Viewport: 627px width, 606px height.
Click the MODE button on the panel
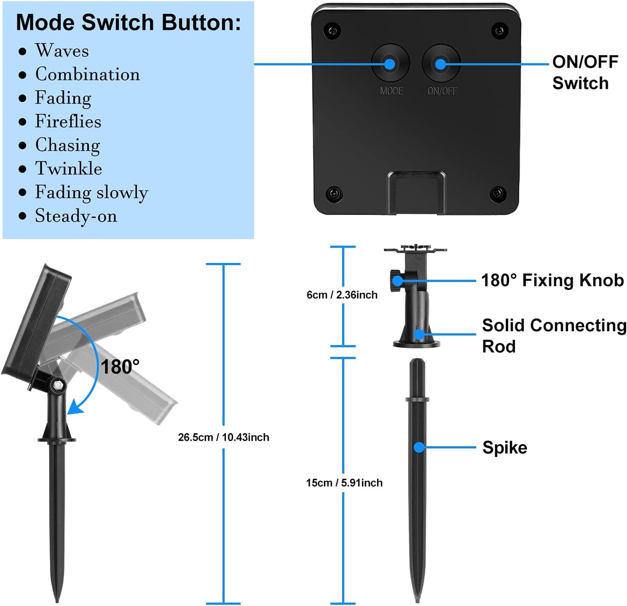point(390,64)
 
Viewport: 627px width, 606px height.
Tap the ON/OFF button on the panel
point(440,64)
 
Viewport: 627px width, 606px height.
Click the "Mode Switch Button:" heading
point(128,23)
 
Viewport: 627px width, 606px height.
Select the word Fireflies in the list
point(68,122)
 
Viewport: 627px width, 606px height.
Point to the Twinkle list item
point(69,168)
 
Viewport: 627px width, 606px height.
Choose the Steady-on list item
point(76,216)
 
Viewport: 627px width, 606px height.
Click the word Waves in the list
point(62,51)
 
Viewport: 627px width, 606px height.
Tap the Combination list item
point(87,74)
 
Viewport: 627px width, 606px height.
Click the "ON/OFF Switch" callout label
point(585,72)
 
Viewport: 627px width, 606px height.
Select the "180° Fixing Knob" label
point(552,280)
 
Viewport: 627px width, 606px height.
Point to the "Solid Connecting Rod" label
point(554,336)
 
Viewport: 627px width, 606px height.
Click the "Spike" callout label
point(505,448)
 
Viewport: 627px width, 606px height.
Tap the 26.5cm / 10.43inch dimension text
point(223,437)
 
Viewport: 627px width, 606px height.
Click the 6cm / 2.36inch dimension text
point(342,295)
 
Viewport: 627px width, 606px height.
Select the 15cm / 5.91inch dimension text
point(344,483)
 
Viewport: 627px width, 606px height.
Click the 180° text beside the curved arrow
point(120,367)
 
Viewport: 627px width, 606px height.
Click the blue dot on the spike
point(419,447)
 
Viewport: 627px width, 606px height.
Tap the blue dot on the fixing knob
point(397,281)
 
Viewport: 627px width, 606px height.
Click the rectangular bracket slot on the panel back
point(417,194)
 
